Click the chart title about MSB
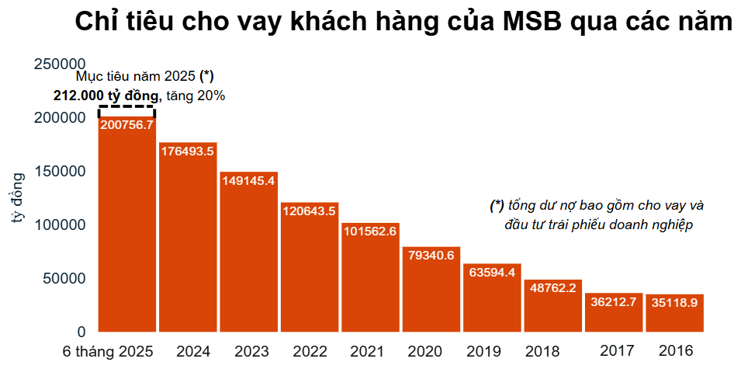point(403,22)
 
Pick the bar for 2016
point(674,315)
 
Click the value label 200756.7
point(126,124)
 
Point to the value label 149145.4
point(248,180)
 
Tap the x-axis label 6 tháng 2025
point(109,351)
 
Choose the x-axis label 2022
point(310,351)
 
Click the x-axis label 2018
point(542,351)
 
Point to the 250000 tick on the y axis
point(60,64)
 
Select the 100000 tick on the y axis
point(60,225)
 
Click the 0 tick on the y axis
point(80,332)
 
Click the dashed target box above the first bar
point(126,110)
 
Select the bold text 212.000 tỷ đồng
point(106,96)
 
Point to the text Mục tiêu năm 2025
point(137,76)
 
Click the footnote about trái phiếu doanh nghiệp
point(597,215)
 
